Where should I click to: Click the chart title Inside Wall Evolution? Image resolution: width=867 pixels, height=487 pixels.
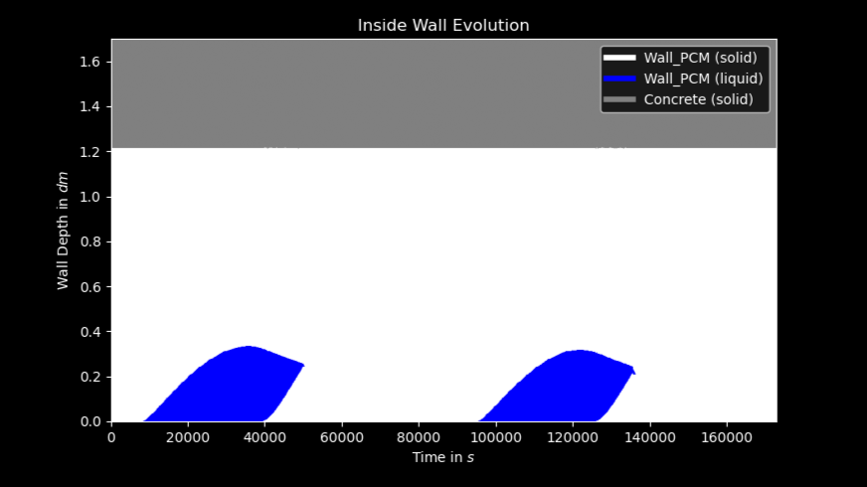443,26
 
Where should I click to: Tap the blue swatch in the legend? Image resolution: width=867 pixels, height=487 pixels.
619,79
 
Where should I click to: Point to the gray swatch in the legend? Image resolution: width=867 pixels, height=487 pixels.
619,99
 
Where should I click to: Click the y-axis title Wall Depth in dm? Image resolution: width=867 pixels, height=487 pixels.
63,231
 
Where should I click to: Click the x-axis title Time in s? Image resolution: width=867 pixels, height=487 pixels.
442,458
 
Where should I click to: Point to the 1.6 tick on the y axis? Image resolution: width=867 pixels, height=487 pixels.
90,62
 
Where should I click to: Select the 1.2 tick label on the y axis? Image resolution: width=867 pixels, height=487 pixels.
90,152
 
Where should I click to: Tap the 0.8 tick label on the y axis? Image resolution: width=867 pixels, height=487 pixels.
90,243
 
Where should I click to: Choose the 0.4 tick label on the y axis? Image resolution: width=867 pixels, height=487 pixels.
90,332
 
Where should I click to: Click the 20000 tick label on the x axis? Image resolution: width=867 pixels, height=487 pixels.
188,437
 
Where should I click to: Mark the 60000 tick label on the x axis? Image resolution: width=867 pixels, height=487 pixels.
342,437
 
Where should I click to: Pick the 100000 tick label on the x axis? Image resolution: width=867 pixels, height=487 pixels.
496,437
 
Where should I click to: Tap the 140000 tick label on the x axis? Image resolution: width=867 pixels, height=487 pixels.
649,437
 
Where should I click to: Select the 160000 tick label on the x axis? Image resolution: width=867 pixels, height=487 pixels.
727,437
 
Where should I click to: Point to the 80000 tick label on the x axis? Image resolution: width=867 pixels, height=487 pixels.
419,437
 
